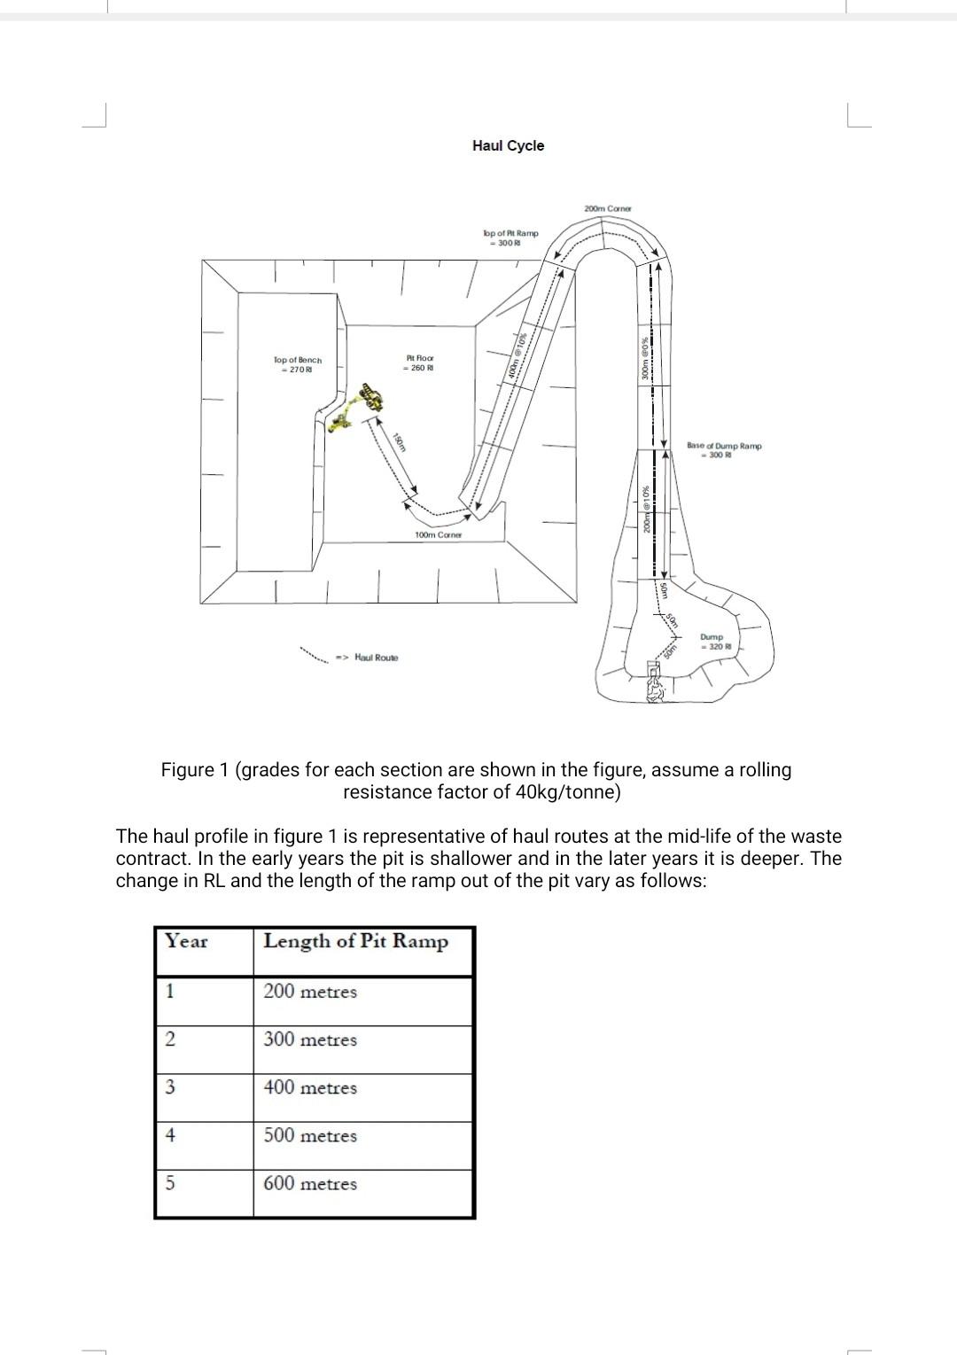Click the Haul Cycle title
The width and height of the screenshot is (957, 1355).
508,146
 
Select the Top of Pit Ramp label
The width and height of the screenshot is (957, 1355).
510,238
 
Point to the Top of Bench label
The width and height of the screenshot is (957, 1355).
298,364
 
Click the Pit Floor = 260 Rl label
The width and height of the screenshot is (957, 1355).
419,362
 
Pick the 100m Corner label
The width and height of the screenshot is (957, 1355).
439,535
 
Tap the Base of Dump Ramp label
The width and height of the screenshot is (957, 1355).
723,450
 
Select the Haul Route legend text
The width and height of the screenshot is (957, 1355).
376,658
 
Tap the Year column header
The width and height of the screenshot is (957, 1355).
186,942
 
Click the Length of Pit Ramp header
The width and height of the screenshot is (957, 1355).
355,942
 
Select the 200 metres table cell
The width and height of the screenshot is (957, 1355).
310,992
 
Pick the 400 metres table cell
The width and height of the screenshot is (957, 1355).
310,1087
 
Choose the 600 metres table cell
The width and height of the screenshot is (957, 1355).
310,1184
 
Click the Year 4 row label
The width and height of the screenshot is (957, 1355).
170,1135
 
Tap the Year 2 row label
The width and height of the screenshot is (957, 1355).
170,1040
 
